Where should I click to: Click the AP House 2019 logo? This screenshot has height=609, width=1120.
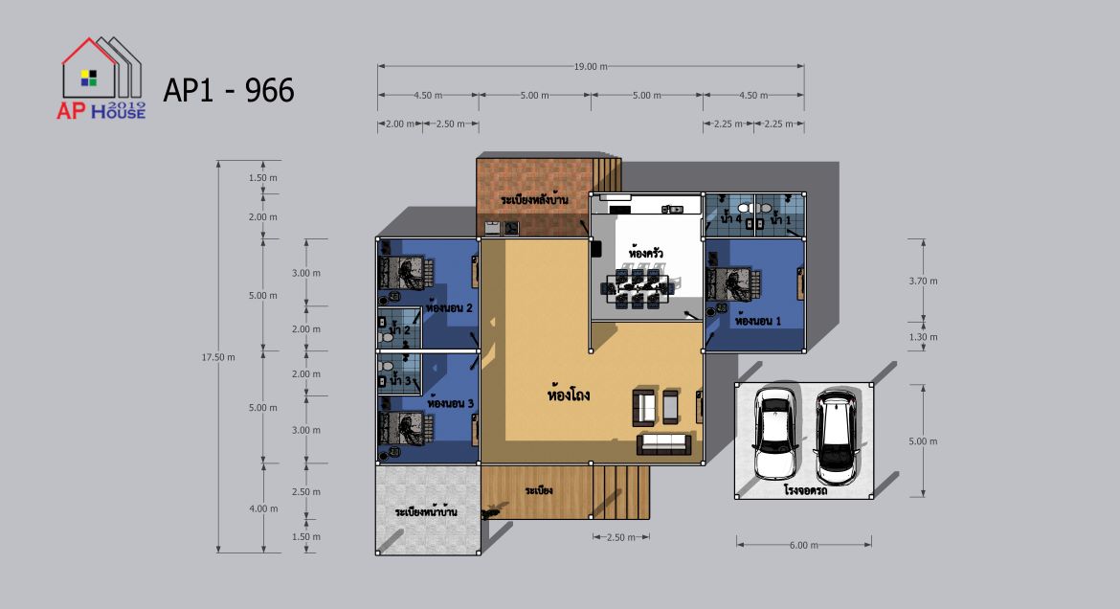tap(101, 78)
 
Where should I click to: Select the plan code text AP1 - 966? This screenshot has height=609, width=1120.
tap(229, 91)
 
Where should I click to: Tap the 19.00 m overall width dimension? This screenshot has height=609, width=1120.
tap(591, 66)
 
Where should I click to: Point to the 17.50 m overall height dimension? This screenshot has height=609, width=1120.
tap(218, 357)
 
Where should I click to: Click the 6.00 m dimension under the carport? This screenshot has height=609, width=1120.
tap(803, 546)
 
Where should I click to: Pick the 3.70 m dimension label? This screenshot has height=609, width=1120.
tap(923, 281)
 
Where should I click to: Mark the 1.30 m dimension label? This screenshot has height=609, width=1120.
tap(923, 337)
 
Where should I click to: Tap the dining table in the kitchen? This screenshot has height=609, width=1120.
tap(638, 288)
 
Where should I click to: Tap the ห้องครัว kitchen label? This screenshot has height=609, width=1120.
tap(646, 253)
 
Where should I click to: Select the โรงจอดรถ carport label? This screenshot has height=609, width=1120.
tap(805, 491)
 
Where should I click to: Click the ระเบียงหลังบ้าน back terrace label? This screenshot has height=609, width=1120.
tap(534, 199)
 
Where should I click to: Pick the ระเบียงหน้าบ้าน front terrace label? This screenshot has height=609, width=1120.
tap(426, 511)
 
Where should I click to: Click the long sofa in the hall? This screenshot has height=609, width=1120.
tap(664, 444)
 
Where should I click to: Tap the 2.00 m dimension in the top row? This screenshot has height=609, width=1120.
tap(400, 124)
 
